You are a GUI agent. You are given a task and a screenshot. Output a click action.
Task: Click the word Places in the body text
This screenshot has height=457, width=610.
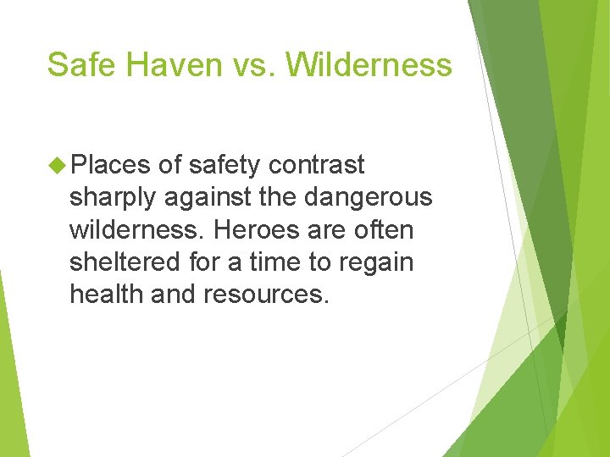tap(110, 164)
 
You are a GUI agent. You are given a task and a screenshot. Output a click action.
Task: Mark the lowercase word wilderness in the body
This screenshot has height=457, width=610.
tap(138, 229)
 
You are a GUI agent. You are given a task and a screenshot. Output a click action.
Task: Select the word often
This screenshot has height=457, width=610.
tap(383, 229)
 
